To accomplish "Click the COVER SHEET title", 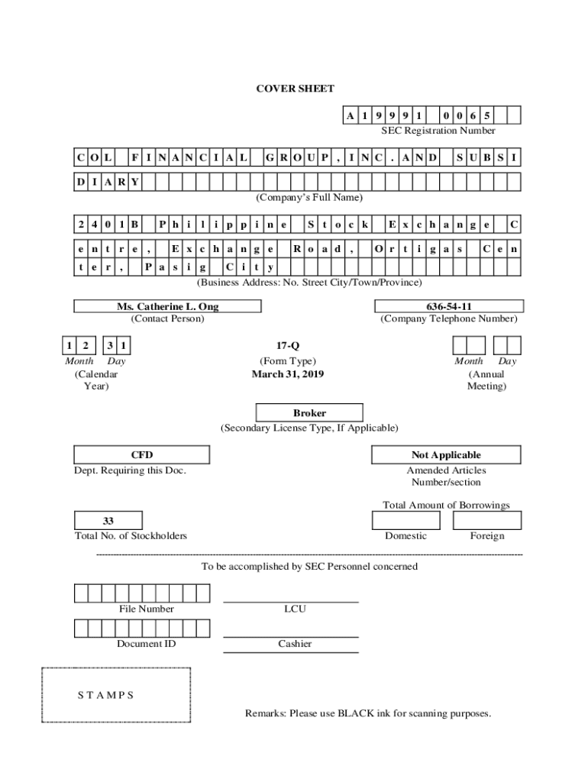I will coord(294,89).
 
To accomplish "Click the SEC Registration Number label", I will coord(438,131).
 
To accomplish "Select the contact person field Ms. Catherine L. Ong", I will coord(167,306).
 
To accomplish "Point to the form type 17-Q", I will coord(288,346).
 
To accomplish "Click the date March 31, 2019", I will coord(288,374).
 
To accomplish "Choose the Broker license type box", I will coord(309,413).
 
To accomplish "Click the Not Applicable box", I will coord(446,455).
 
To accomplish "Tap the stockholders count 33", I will coord(108,521).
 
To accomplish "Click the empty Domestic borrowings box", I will coord(405,521).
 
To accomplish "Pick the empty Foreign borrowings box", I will coord(486,521).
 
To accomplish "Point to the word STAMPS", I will coord(106,695).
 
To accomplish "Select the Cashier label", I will coord(295,644).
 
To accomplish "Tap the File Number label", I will coord(146,609).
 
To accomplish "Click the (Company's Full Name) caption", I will coord(309,197).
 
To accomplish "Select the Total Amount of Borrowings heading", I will coord(446,505).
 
